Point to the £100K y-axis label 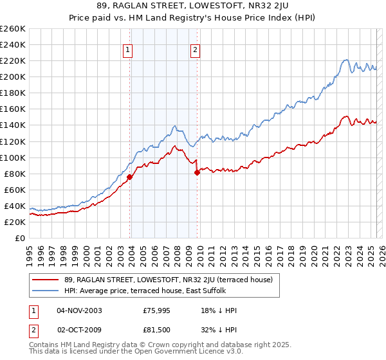pos(12,157)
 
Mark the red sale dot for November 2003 pos(130,177)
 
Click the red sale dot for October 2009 pos(197,172)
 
